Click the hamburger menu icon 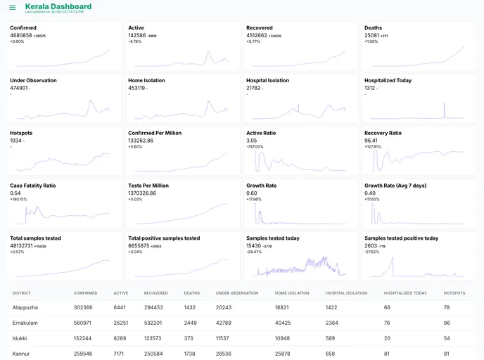pyautogui.click(x=13, y=8)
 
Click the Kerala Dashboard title pyautogui.click(x=58, y=6)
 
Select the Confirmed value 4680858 pyautogui.click(x=21, y=34)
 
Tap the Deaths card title pyautogui.click(x=373, y=27)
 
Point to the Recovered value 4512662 pyautogui.click(x=257, y=34)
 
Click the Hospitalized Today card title pyautogui.click(x=388, y=80)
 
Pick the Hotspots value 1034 pyautogui.click(x=16, y=140)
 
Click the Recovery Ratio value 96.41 pyautogui.click(x=371, y=140)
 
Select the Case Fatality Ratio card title pyautogui.click(x=32, y=186)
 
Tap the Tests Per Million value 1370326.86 pyautogui.click(x=142, y=193)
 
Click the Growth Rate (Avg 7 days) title pyautogui.click(x=395, y=186)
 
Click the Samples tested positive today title pyautogui.click(x=401, y=238)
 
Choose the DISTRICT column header pyautogui.click(x=22, y=292)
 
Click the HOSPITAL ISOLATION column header pyautogui.click(x=346, y=292)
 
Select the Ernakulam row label pyautogui.click(x=24, y=323)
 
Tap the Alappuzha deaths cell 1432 pyautogui.click(x=190, y=307)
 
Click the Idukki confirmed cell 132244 pyautogui.click(x=83, y=338)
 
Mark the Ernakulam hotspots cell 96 pyautogui.click(x=447, y=323)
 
